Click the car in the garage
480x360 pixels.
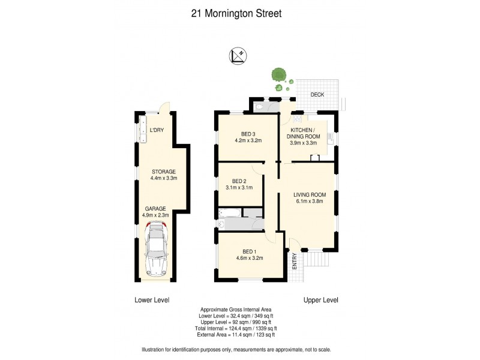click(x=156, y=248)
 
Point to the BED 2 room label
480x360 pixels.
click(x=239, y=181)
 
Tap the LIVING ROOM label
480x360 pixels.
click(x=309, y=194)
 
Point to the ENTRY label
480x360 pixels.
click(x=295, y=262)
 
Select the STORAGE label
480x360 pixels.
click(x=163, y=171)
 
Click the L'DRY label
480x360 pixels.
click(x=157, y=130)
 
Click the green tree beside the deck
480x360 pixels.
click(x=278, y=75)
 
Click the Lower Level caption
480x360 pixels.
click(x=151, y=299)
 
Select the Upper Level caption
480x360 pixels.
click(x=321, y=299)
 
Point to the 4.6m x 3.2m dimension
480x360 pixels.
click(x=248, y=258)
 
